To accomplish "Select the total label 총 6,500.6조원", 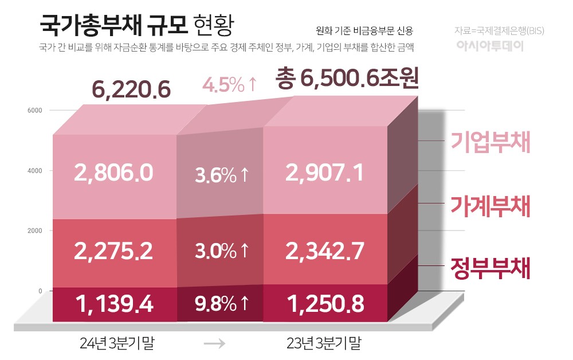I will [347, 79].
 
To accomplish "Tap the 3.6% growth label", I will [222, 175].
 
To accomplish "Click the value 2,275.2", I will [113, 251].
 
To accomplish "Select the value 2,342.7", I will [324, 251].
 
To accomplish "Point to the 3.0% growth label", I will [222, 251].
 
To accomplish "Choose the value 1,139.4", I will [113, 304].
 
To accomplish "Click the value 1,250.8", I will [324, 304].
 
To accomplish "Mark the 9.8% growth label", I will [222, 304].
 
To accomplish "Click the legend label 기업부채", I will [490, 143].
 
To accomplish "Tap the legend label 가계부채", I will [490, 206].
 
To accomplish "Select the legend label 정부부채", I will [490, 268].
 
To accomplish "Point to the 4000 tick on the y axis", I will [36, 170].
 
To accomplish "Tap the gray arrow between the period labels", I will [214, 344].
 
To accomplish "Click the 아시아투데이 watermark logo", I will [490, 46].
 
